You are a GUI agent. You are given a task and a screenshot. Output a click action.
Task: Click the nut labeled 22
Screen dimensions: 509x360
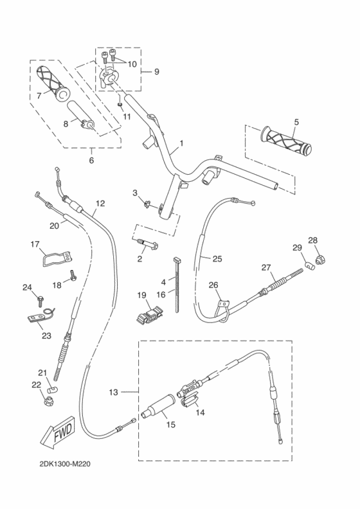click(48, 403)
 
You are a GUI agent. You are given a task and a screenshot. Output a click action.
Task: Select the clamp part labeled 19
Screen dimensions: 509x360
click(148, 313)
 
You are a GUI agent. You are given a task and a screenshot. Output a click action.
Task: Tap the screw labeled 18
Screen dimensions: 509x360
click(74, 276)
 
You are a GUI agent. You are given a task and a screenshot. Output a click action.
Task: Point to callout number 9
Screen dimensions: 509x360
click(156, 71)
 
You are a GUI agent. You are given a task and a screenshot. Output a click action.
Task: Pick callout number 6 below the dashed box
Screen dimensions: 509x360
click(91, 160)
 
